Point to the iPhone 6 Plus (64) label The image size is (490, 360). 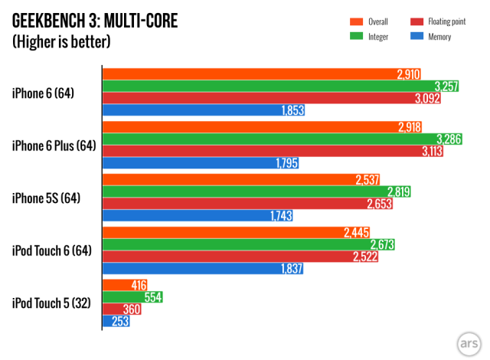[x=53, y=146]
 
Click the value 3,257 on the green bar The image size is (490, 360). [x=446, y=86]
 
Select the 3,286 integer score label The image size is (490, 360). [x=448, y=139]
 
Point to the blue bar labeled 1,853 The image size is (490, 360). [x=204, y=110]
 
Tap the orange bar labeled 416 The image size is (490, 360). [x=116, y=285]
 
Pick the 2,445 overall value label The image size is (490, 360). [x=357, y=232]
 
